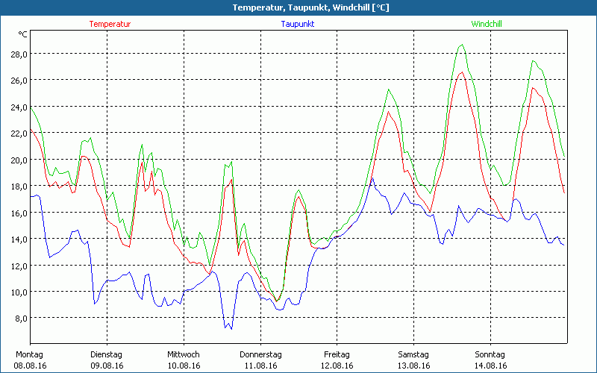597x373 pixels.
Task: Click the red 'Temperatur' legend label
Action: [x=110, y=24]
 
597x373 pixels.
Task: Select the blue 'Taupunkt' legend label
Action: [x=298, y=24]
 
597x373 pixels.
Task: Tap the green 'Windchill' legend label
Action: [x=487, y=24]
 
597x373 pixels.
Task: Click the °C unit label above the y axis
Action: [x=23, y=34]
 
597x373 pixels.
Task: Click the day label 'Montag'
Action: [x=29, y=354]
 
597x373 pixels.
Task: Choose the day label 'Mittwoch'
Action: [x=184, y=354]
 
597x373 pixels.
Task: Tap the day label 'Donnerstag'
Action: [x=260, y=354]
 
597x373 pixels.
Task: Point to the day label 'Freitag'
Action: [x=337, y=354]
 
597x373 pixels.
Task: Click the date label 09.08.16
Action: [x=106, y=366]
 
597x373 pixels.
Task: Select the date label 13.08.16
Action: [x=413, y=366]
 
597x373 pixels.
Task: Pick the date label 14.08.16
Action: [x=490, y=366]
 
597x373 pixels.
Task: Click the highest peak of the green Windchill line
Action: [x=463, y=45]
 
